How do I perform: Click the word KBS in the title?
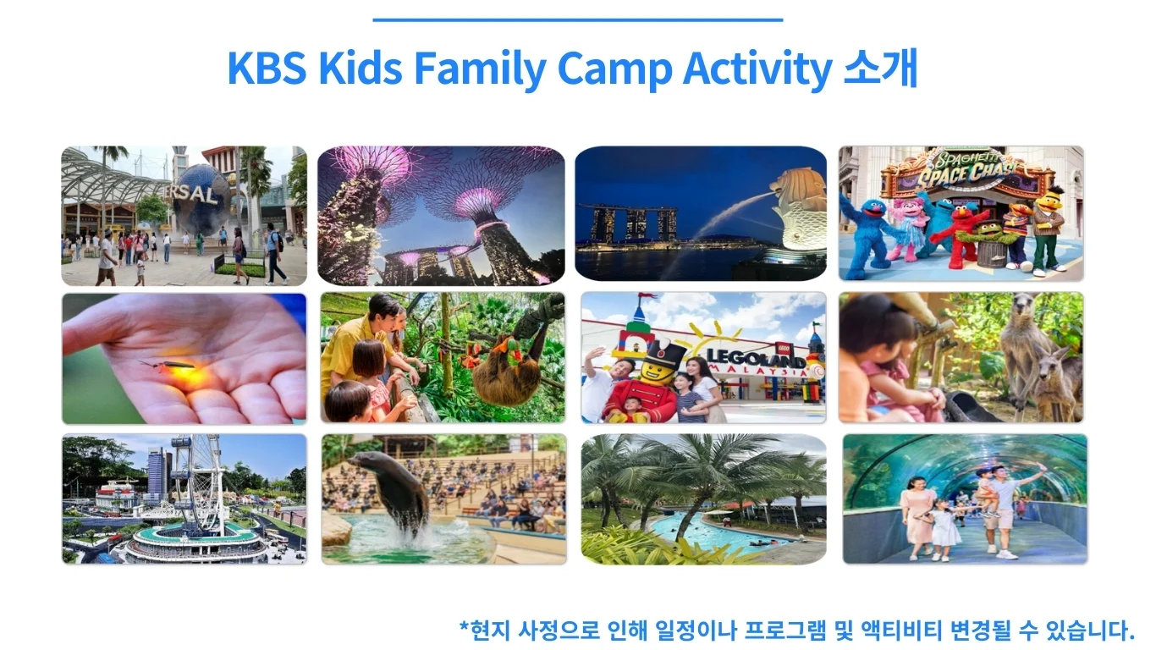coord(267,68)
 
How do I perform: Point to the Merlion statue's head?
coord(797,187)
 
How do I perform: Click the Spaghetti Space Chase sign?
coord(965,172)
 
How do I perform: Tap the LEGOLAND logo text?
coord(756,357)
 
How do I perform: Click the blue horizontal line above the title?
coord(577,20)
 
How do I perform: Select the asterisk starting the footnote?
coord(464,626)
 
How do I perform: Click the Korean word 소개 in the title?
coord(881,68)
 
